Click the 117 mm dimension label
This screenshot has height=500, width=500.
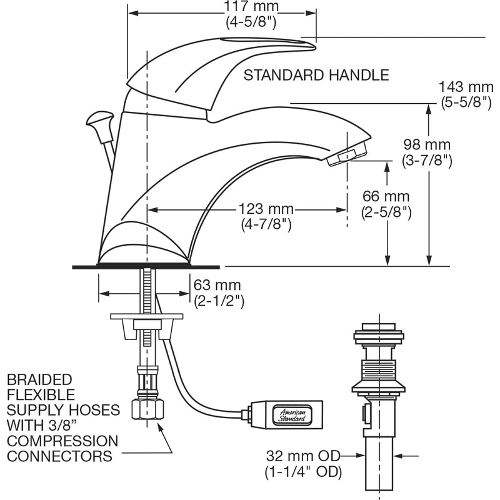coord(252,8)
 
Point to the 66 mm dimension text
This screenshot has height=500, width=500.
coord(386,197)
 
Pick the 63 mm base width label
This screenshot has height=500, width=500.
coord(218,286)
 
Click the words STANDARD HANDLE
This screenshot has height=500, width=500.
coord(316,76)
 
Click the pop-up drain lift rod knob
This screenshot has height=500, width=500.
coord(100,118)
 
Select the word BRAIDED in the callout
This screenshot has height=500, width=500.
coord(40,380)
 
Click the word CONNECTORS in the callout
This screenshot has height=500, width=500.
coord(60,455)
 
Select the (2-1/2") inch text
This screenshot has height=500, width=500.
coord(218,301)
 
